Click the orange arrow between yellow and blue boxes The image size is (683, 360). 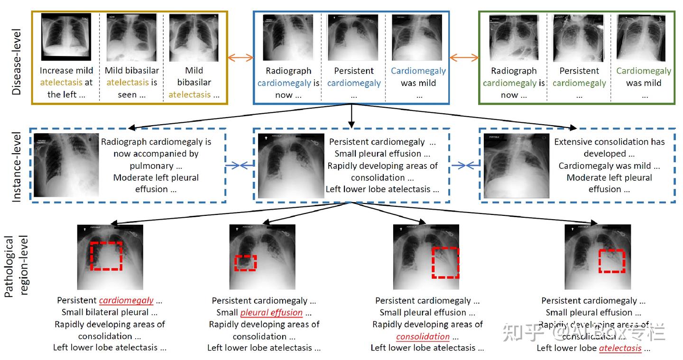(240, 58)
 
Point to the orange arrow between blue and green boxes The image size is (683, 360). (464, 58)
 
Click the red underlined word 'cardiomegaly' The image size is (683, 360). (126, 301)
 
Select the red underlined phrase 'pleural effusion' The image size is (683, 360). (271, 313)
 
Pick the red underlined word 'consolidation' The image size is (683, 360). (423, 336)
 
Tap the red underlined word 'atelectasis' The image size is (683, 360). (620, 348)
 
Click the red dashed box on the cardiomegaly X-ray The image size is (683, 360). (106, 256)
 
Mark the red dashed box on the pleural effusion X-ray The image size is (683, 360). (245, 263)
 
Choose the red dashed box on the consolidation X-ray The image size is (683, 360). (445, 262)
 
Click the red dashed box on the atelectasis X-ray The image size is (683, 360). (611, 261)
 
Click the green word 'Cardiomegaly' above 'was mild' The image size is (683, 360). (644, 71)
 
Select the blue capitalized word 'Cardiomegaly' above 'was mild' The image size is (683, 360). (418, 71)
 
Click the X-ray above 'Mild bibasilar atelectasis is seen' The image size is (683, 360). (131, 37)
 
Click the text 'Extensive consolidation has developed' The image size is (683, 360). (609, 148)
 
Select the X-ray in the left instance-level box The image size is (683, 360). (66, 165)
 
